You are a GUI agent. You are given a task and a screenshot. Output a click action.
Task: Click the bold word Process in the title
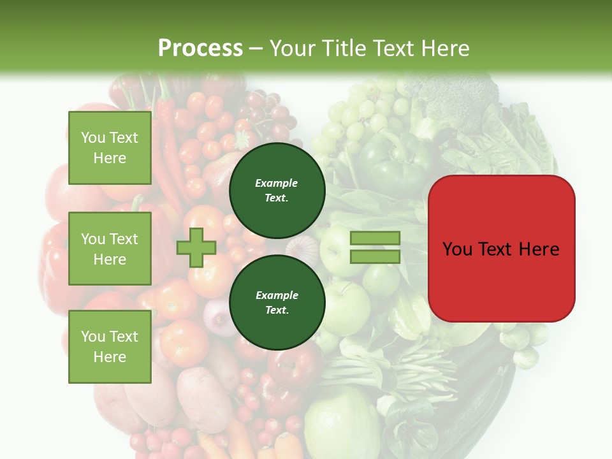(200, 48)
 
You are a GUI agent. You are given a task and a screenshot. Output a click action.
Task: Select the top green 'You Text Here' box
(110, 148)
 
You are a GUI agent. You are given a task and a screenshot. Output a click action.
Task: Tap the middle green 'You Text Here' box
(110, 249)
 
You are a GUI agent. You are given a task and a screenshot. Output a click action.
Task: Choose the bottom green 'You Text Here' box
(110, 347)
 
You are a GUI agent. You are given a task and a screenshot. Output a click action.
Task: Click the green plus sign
(196, 247)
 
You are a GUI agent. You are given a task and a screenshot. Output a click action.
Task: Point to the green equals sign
(375, 247)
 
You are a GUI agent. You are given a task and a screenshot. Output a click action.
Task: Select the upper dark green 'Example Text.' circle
(277, 190)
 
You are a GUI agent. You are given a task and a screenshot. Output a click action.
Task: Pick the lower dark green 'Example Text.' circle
(277, 302)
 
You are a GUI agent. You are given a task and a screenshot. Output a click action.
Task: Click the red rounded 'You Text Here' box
(501, 249)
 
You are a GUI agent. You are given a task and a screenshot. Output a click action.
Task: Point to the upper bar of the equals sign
(375, 238)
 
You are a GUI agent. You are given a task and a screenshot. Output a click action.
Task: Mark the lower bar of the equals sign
(375, 256)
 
